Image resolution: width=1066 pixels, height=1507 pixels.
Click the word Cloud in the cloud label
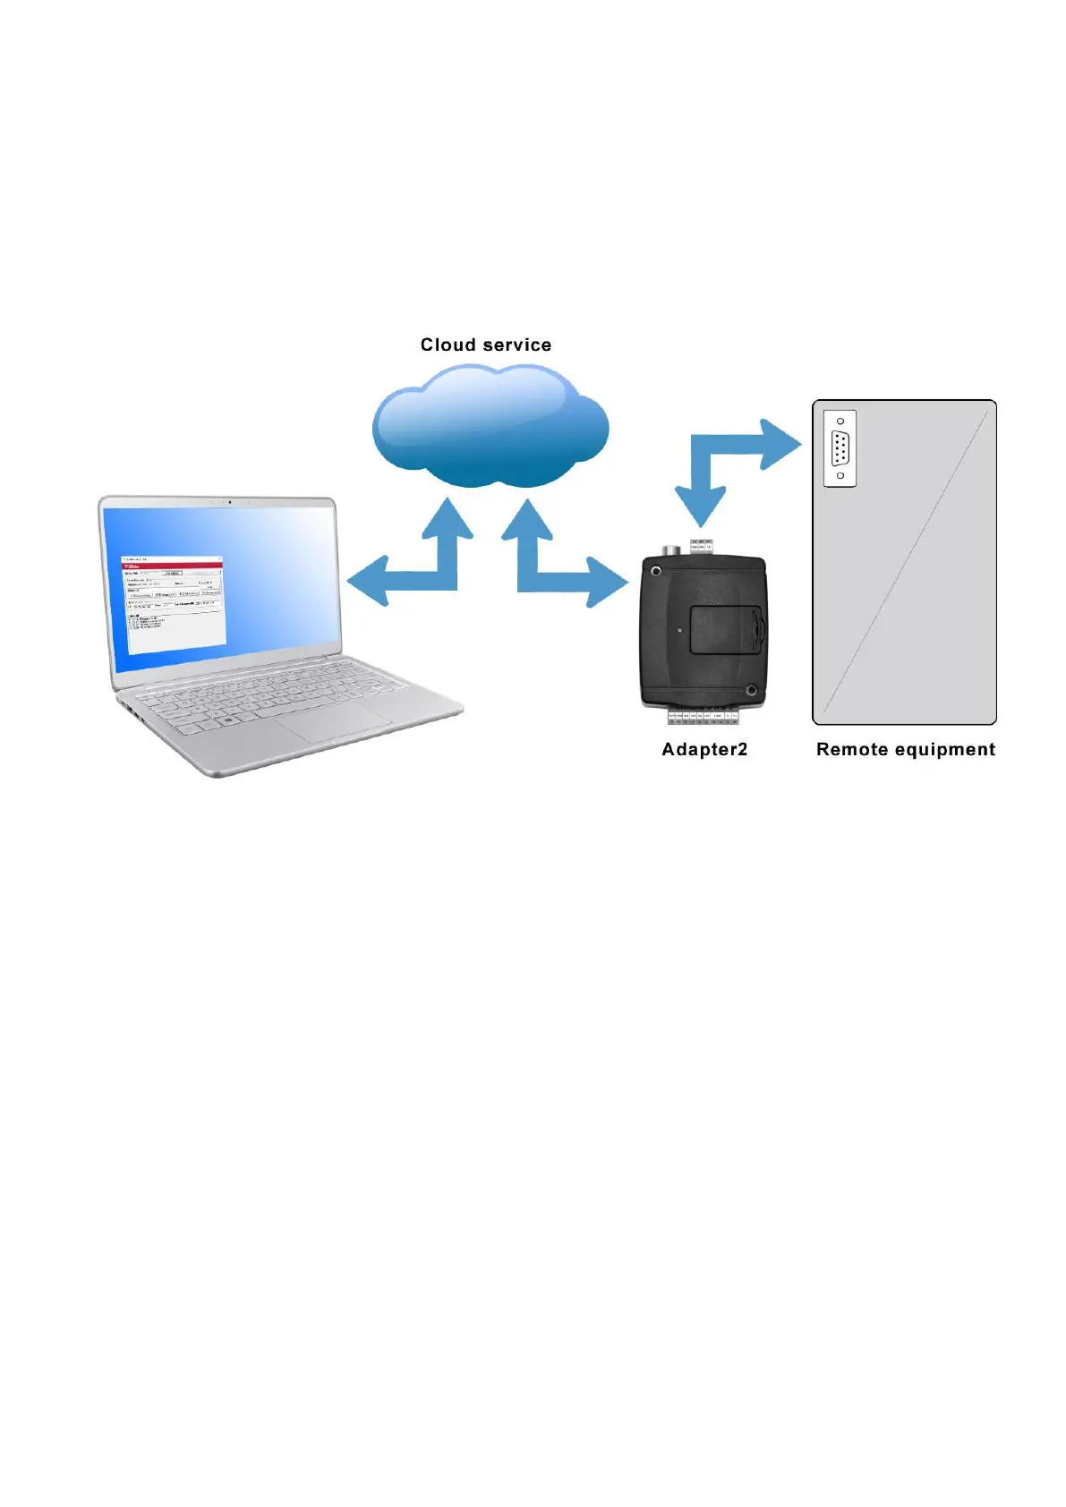click(448, 345)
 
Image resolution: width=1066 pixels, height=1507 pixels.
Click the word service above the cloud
click(517, 345)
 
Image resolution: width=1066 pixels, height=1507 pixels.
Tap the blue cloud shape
click(490, 430)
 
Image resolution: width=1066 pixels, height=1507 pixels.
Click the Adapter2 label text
click(704, 750)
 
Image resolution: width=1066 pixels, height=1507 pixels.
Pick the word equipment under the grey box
click(944, 750)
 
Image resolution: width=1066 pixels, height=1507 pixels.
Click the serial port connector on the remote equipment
click(840, 448)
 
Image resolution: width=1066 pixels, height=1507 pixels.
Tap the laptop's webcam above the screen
click(229, 502)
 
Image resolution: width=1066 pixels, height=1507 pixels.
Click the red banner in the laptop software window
click(172, 565)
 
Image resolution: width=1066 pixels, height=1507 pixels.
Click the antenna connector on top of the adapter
click(667, 549)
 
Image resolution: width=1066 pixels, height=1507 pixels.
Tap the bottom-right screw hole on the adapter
click(751, 690)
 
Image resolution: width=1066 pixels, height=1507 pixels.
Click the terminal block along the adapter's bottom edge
click(702, 716)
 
